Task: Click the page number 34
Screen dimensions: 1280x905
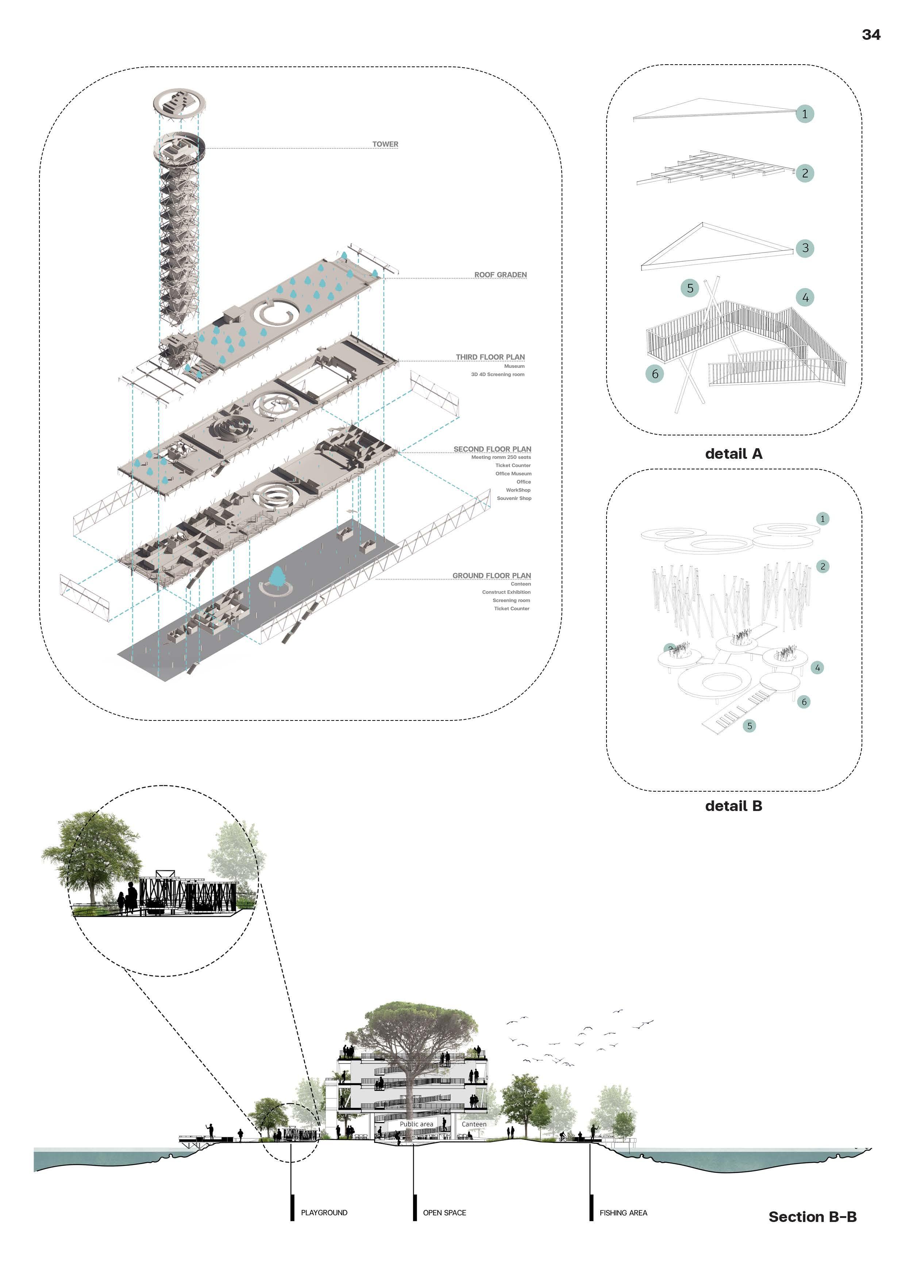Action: coord(871,35)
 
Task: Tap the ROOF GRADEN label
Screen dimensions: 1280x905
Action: coord(500,275)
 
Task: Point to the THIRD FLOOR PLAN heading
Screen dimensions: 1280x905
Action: coord(490,357)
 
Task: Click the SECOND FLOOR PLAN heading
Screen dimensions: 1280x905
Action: coord(492,449)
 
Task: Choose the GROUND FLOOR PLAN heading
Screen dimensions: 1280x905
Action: coord(492,575)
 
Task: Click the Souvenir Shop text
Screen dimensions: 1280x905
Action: coord(514,499)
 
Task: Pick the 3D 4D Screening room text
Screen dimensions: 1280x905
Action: coord(498,374)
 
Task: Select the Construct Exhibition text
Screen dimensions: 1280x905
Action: coord(506,592)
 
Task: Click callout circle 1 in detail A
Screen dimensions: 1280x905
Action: coord(805,114)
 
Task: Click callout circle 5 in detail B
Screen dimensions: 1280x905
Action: coord(750,726)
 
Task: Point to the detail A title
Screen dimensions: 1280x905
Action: coord(733,454)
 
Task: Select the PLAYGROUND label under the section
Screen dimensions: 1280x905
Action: coord(324,1212)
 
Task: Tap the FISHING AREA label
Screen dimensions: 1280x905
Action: coord(623,1212)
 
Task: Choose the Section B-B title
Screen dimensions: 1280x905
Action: coord(813,1217)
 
